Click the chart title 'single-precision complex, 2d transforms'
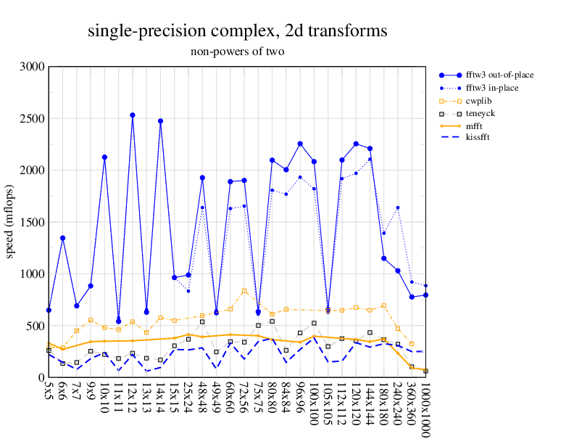pyautogui.click(x=237, y=31)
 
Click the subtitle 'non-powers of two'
pyautogui.click(x=237, y=52)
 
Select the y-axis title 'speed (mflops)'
pyautogui.click(x=11, y=222)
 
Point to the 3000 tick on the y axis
pyautogui.click(x=33, y=67)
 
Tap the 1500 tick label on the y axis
pyautogui.click(x=33, y=222)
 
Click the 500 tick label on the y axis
pyautogui.click(x=36, y=326)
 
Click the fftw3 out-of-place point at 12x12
pyautogui.click(x=133, y=115)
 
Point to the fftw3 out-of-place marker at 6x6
pyautogui.click(x=63, y=238)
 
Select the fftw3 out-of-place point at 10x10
pyautogui.click(x=104, y=157)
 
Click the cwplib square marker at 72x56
pyautogui.click(x=244, y=291)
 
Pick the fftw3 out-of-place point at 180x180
pyautogui.click(x=383, y=258)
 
